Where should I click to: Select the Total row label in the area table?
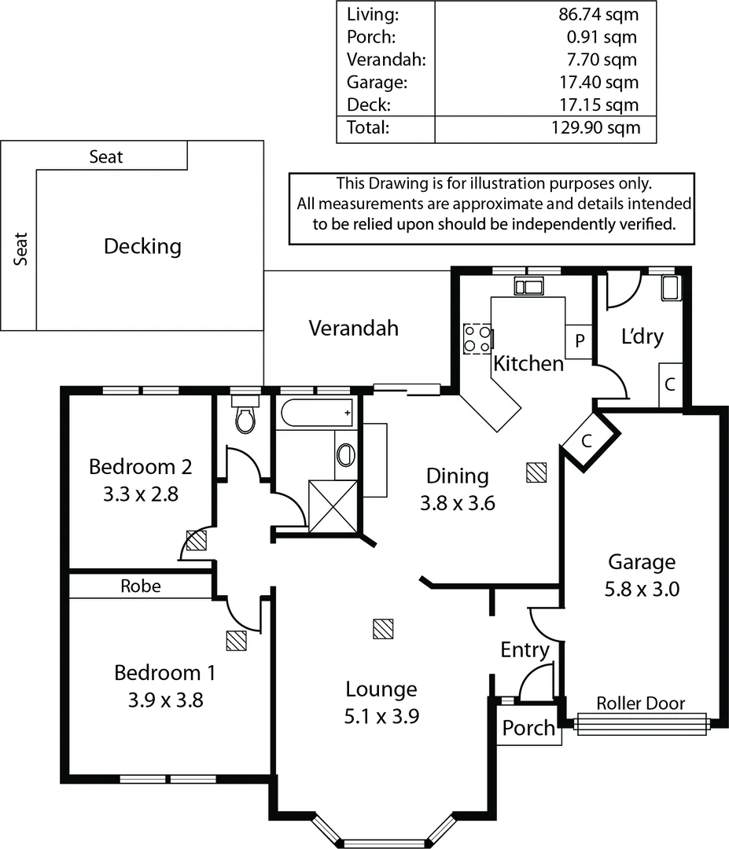[x=367, y=127]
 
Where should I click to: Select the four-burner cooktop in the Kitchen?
[x=477, y=340]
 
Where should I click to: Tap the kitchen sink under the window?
[x=528, y=285]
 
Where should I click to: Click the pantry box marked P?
[x=579, y=342]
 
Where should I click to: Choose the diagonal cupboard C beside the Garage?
[x=587, y=441]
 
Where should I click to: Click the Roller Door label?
[x=641, y=704]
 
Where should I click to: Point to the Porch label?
[x=528, y=728]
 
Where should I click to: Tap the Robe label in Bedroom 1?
[x=141, y=586]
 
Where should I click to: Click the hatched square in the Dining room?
[x=536, y=472]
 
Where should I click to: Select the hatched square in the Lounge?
[x=383, y=628]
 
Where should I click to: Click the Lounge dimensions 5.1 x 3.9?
[x=381, y=716]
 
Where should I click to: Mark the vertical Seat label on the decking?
[x=20, y=248]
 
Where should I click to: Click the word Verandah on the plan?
[x=353, y=329]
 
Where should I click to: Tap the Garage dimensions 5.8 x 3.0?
[x=642, y=589]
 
